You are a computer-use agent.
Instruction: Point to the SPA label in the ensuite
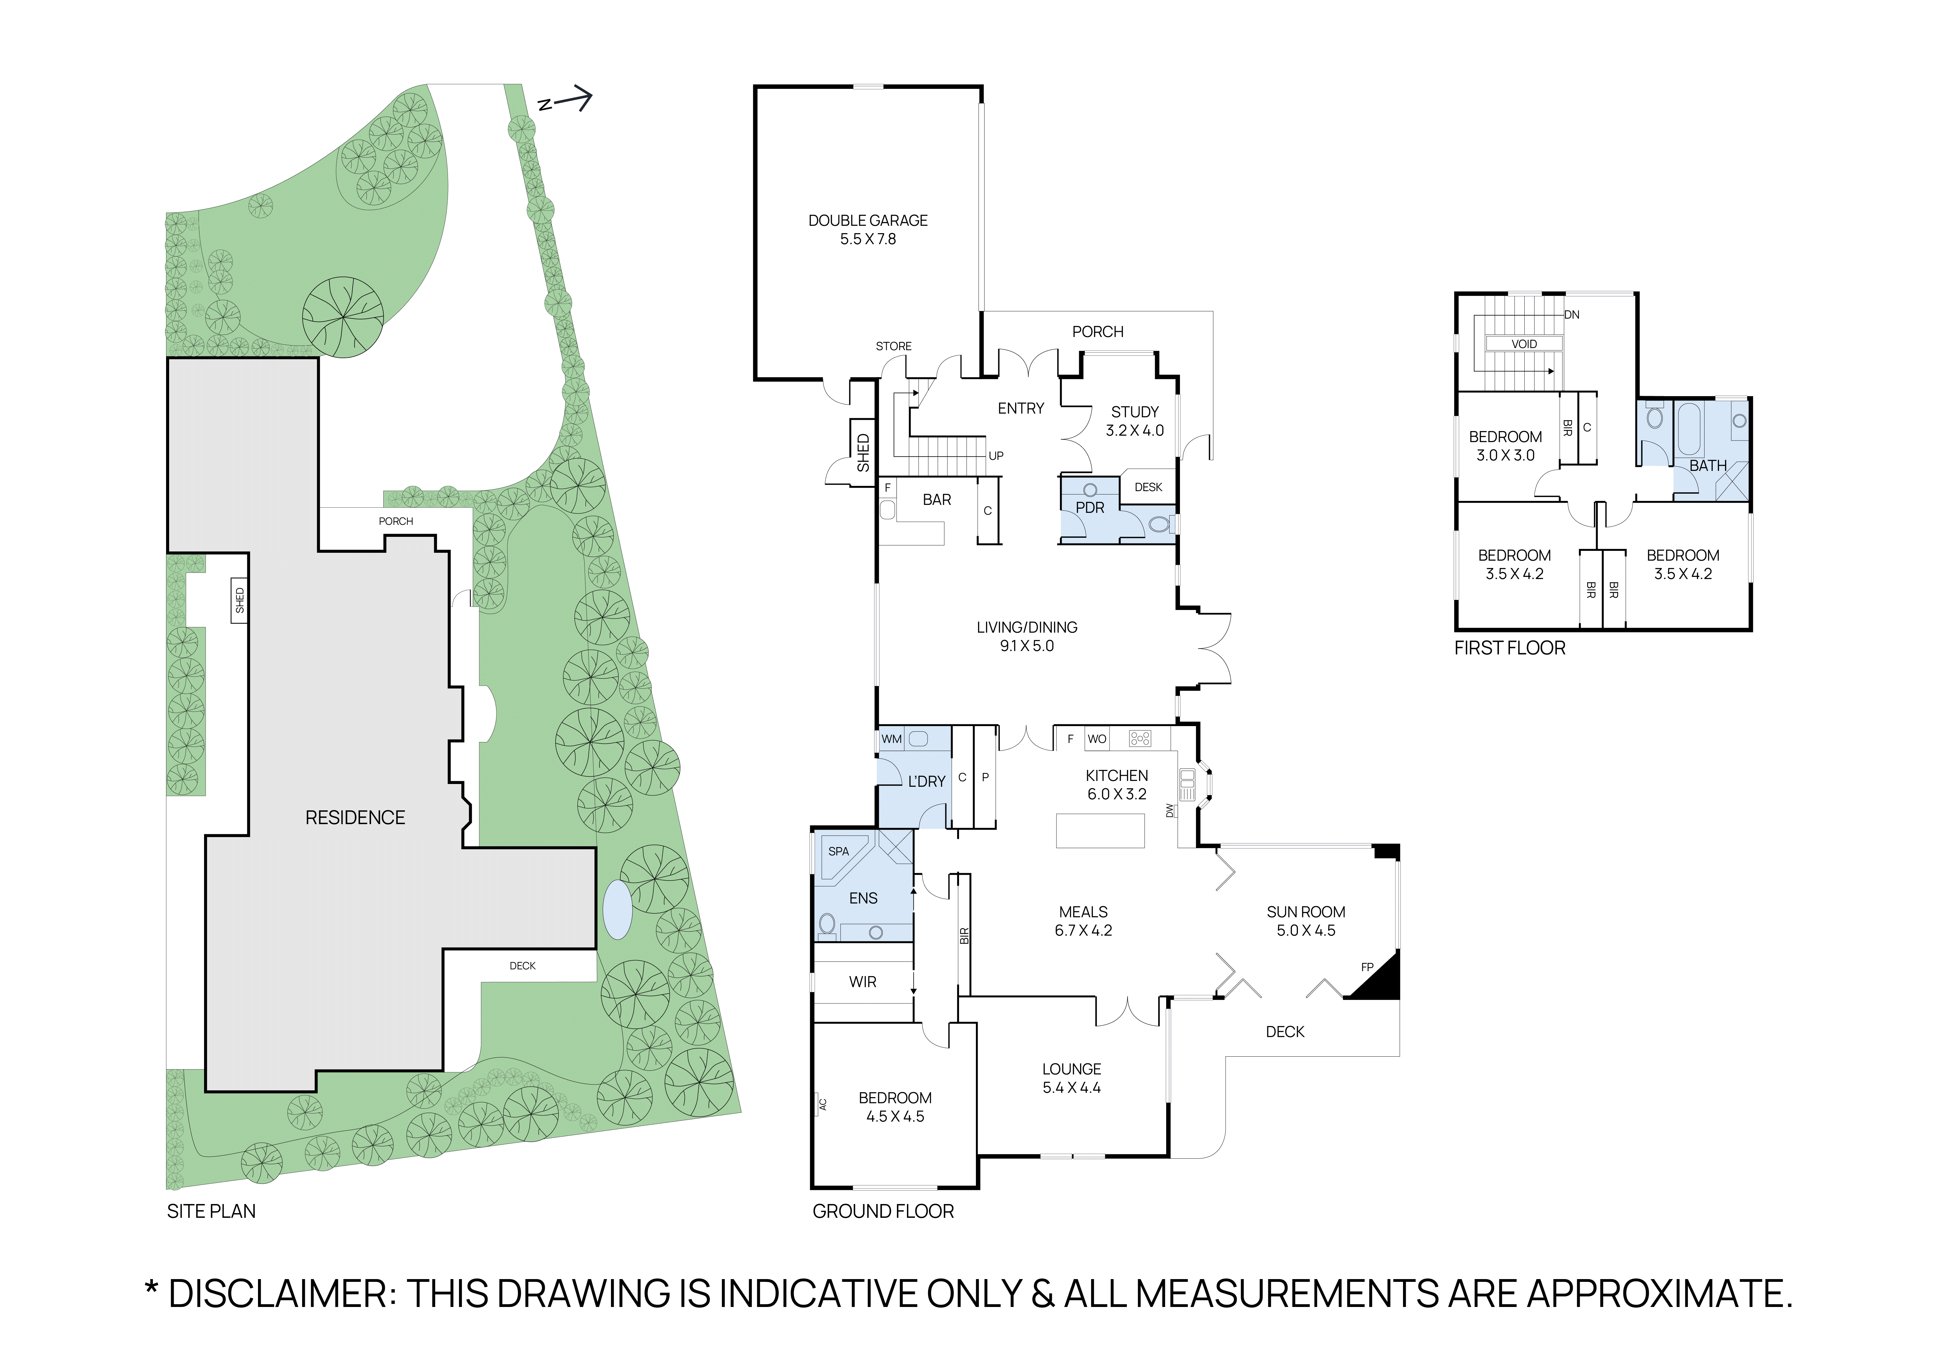point(838,851)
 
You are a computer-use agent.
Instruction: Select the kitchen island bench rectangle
point(1100,831)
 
